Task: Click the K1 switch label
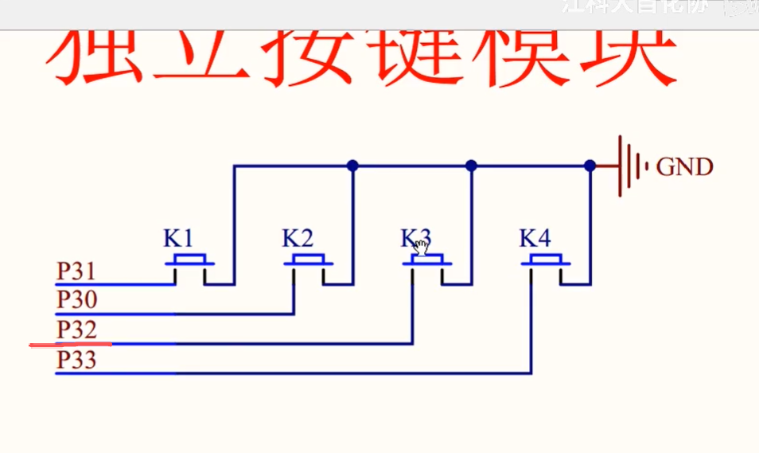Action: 178,238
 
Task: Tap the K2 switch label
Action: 298,238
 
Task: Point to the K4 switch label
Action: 535,238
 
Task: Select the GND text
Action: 685,167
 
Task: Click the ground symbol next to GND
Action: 633,166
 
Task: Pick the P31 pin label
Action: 76,271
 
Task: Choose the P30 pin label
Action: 76,300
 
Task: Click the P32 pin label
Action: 76,329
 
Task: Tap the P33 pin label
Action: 76,361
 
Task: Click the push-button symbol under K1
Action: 190,263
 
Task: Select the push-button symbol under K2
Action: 309,263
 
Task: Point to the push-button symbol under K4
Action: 547,263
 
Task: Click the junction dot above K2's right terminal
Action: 352,166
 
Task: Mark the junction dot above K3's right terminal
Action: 471,166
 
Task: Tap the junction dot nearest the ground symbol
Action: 590,166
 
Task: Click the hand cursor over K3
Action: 421,246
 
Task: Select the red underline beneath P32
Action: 71,345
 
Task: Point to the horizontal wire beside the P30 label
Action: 199,314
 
